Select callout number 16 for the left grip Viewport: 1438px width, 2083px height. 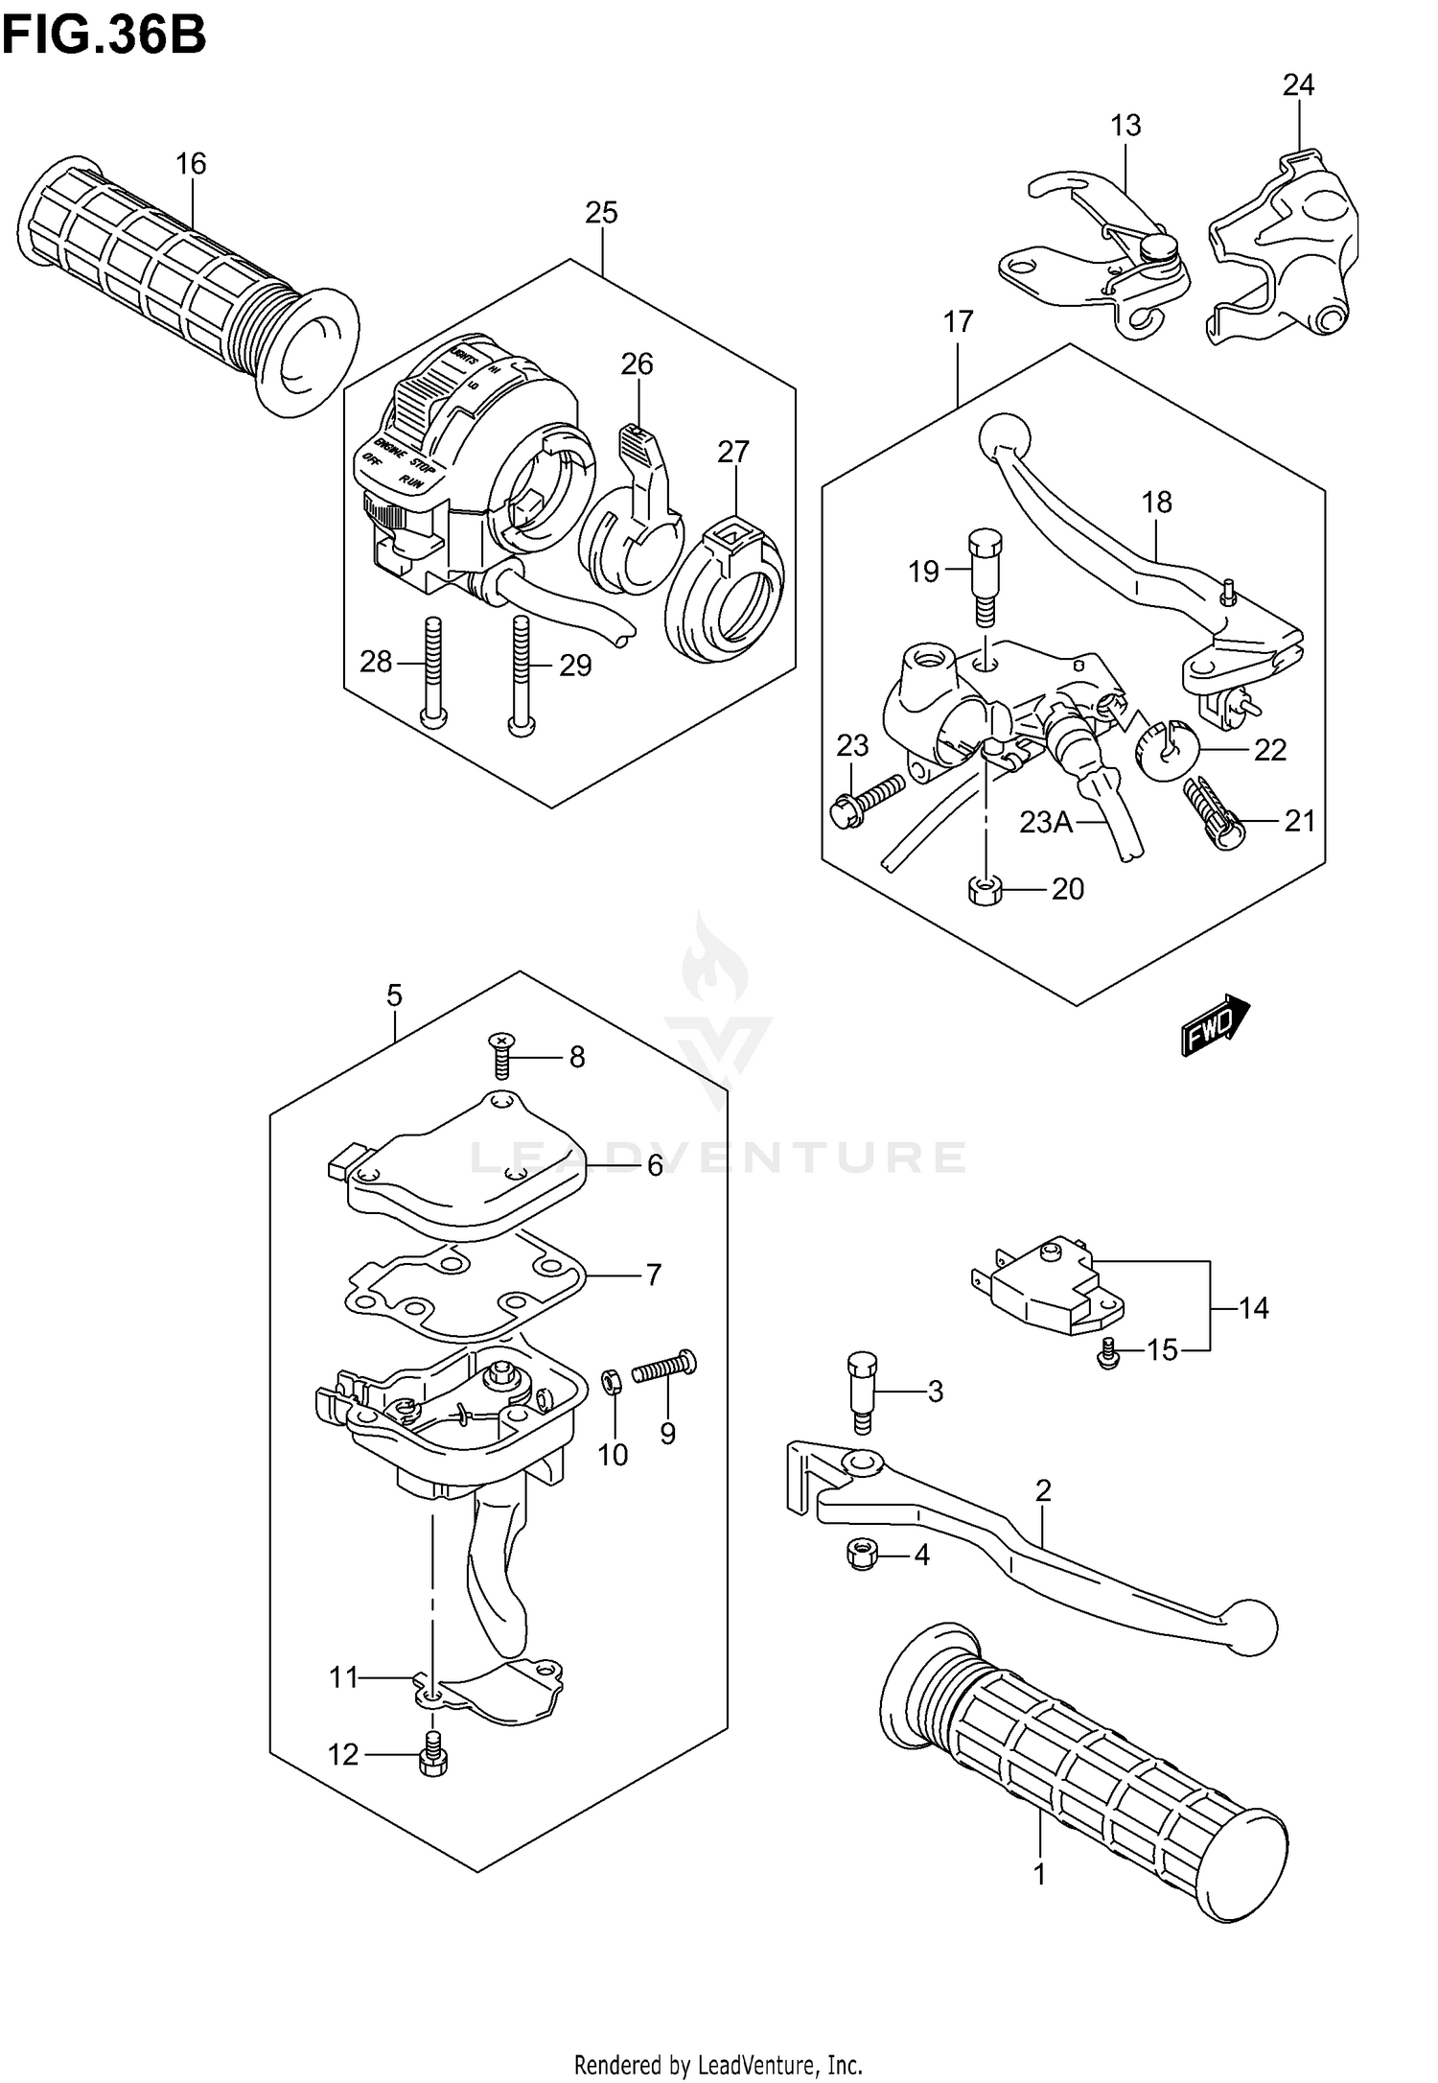coord(191,164)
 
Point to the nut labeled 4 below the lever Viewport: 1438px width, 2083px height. coord(860,1556)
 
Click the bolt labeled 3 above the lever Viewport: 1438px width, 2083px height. coord(862,1391)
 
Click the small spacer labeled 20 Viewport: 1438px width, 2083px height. coord(985,890)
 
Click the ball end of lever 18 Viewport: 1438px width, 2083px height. coord(1005,437)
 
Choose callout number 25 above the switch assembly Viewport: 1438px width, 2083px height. coord(601,212)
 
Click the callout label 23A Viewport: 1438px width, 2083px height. coord(1046,822)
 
